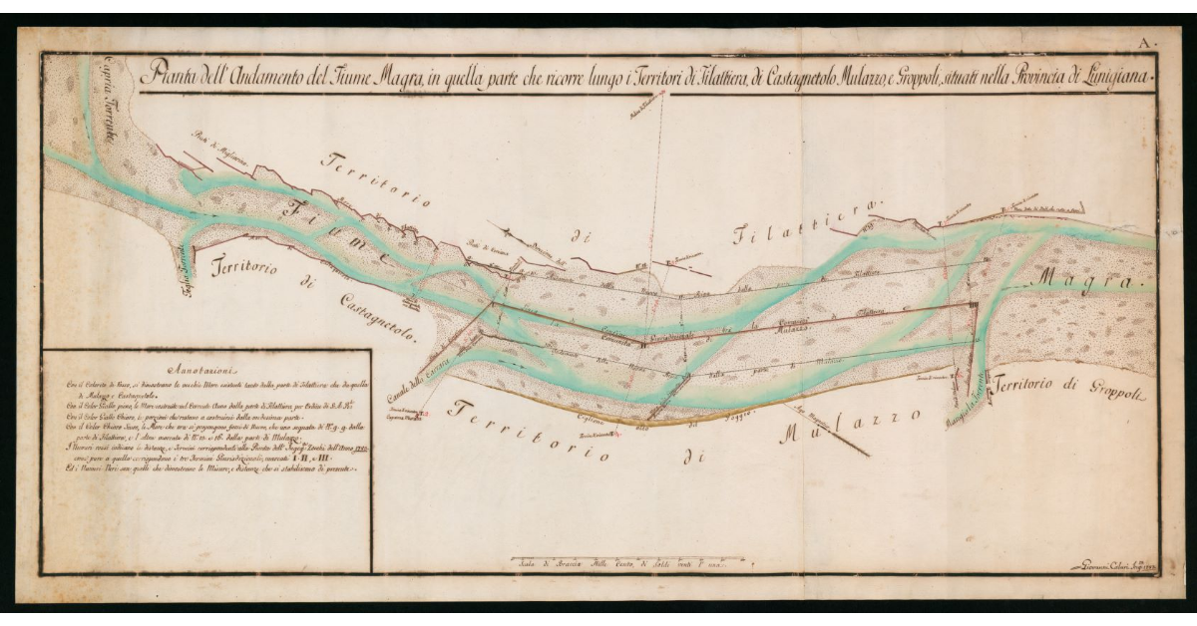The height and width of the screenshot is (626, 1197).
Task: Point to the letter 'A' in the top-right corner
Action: [x=1147, y=42]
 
